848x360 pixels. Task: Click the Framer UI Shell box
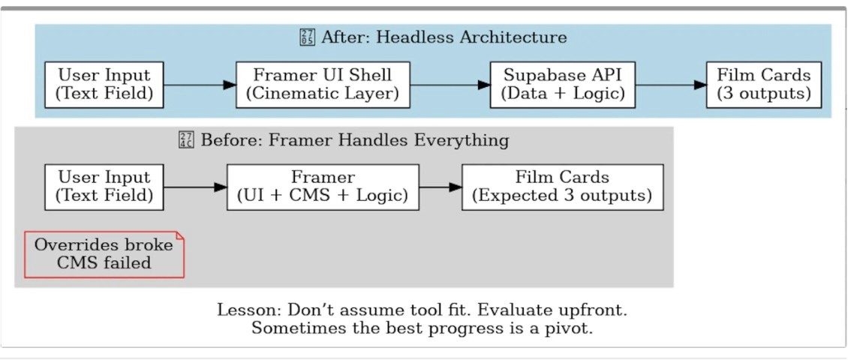point(323,85)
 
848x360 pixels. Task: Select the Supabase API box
point(562,85)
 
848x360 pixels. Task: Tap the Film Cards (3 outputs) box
point(764,85)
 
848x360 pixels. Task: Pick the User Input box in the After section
point(104,85)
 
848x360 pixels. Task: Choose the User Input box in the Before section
point(104,187)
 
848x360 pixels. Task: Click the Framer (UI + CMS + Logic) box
point(323,187)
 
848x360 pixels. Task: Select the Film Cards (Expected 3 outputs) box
point(562,187)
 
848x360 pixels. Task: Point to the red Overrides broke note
point(104,254)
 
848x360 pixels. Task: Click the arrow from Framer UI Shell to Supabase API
point(450,85)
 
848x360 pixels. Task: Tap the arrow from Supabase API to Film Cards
point(671,85)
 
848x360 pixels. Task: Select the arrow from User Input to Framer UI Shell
point(200,85)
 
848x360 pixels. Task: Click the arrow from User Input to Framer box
point(195,187)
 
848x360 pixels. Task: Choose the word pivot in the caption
point(570,328)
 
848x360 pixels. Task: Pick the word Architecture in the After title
point(516,37)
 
